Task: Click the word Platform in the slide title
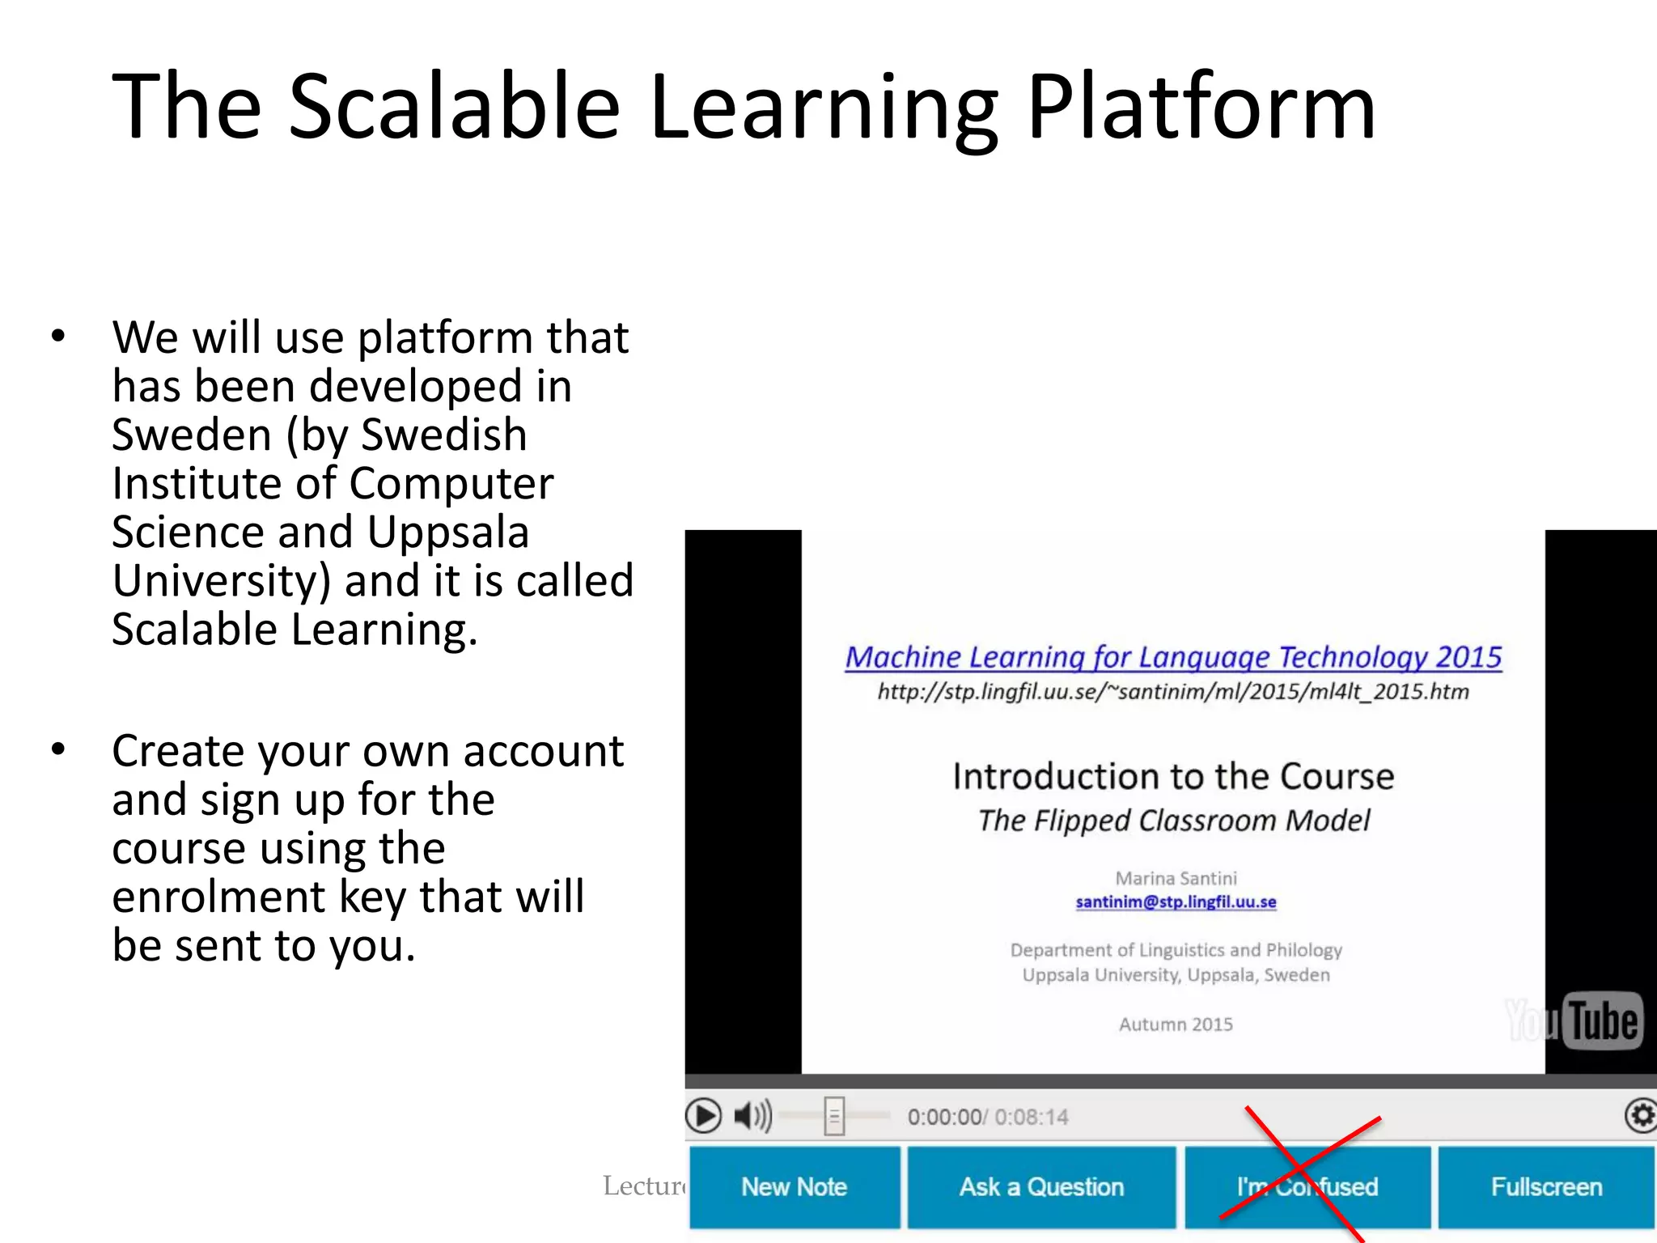click(x=1201, y=108)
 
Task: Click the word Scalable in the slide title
click(x=454, y=108)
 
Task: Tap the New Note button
click(x=794, y=1186)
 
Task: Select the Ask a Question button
click(x=1041, y=1186)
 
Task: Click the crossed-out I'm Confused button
click(x=1307, y=1186)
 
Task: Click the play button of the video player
click(x=703, y=1116)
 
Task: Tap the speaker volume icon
click(x=752, y=1116)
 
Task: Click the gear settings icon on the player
click(x=1641, y=1116)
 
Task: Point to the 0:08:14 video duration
click(x=1032, y=1118)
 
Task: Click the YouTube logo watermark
click(x=1574, y=1020)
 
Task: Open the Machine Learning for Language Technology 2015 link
click(x=1173, y=657)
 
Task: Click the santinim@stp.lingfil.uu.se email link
click(x=1176, y=901)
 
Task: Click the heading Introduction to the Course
click(x=1173, y=776)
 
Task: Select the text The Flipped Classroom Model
click(x=1173, y=821)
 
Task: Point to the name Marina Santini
click(x=1176, y=878)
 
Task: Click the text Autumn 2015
click(x=1176, y=1025)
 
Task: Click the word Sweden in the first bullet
click(x=191, y=435)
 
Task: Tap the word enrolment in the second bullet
click(x=218, y=897)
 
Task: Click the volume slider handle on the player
click(x=834, y=1116)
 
